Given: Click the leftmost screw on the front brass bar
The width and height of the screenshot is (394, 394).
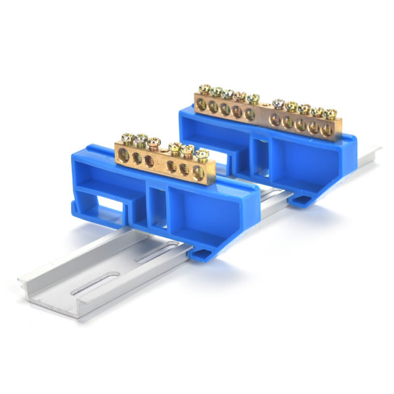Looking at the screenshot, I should point(127,139).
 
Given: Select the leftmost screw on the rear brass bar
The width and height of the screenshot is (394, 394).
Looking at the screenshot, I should point(204,89).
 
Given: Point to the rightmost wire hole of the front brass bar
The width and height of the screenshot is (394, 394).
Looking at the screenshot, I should point(198,173).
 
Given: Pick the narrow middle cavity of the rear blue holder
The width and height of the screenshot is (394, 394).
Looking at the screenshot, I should point(257,152).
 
